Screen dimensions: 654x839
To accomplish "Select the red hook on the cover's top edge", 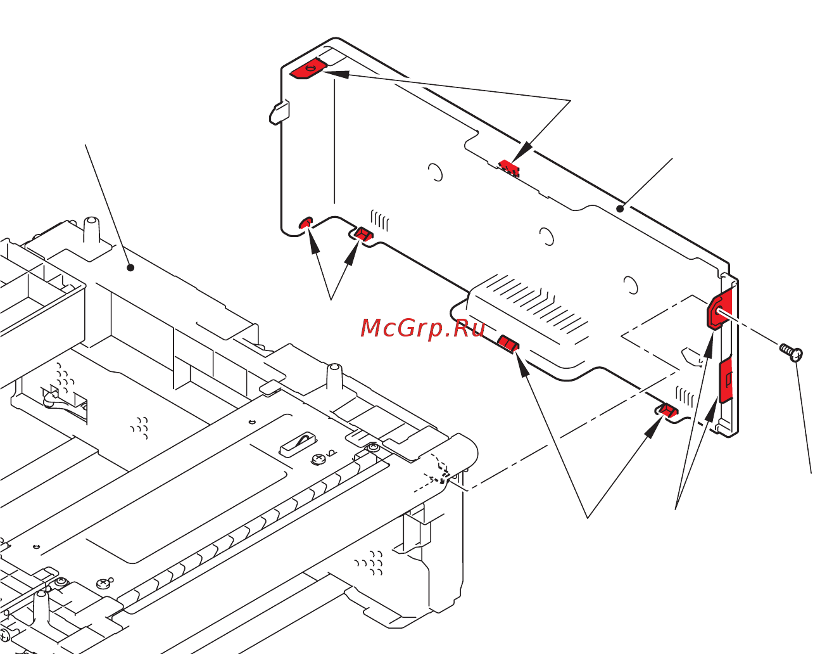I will point(509,167).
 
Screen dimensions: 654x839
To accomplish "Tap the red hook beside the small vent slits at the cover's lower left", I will point(363,234).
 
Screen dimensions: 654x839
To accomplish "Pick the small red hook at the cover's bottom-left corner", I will point(305,222).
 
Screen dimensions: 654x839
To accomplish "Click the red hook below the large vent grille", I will point(508,343).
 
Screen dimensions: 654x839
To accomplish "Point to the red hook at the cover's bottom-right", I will point(666,411).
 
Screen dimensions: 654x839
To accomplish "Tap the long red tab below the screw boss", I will point(726,380).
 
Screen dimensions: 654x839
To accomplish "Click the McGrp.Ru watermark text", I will point(422,328).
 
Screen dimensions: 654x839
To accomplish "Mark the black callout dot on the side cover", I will point(621,208).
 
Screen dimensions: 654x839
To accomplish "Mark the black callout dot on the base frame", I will point(130,267).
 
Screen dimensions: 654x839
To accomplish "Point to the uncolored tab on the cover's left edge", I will point(279,112).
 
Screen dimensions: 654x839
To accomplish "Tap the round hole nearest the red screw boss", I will point(630,285).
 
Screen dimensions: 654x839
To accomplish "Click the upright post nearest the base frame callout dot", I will point(91,233).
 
